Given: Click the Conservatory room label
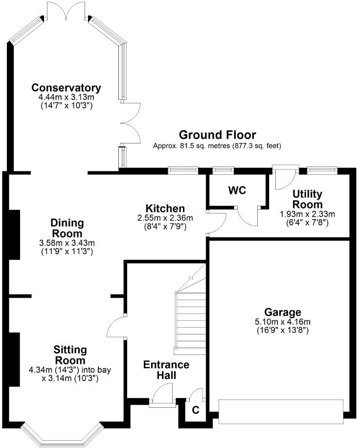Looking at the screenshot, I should click(x=66, y=88).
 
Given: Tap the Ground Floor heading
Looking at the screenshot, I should click(x=217, y=135).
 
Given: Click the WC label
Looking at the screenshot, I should click(x=237, y=190).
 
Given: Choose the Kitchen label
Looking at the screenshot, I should click(x=164, y=209).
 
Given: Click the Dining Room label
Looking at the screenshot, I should click(x=67, y=229).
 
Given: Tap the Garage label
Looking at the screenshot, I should click(x=283, y=312).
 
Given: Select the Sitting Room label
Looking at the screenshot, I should click(x=70, y=355).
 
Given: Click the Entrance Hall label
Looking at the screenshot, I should click(x=166, y=370).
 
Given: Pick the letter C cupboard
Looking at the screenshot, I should click(x=195, y=410).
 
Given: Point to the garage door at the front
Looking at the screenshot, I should click(x=280, y=412).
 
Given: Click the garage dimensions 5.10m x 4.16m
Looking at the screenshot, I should click(x=283, y=322).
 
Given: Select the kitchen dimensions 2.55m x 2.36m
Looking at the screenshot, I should click(x=164, y=218).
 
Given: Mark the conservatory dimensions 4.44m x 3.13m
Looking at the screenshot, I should click(x=66, y=97).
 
